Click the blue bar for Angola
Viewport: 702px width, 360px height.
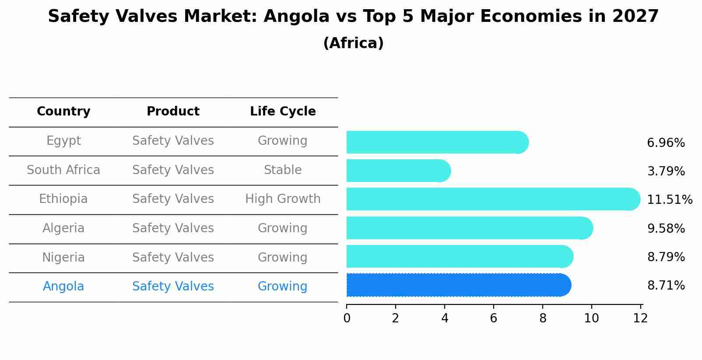pos(457,285)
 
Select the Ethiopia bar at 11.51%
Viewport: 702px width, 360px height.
pos(492,199)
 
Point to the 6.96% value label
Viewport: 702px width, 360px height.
pos(665,143)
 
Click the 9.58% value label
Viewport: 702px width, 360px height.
pos(665,228)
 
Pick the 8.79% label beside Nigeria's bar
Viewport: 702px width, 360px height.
pos(665,257)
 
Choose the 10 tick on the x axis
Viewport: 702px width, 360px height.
pos(591,318)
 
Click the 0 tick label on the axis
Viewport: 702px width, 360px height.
pos(347,318)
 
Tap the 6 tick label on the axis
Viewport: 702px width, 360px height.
pos(493,318)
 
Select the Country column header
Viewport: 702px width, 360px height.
pos(63,112)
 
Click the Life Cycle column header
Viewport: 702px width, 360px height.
pos(283,112)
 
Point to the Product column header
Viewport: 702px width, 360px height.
pos(173,112)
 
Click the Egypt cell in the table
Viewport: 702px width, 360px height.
pos(63,141)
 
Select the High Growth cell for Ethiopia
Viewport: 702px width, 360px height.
pos(283,199)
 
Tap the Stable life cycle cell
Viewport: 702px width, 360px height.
pos(283,170)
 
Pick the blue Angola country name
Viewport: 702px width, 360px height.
pos(63,287)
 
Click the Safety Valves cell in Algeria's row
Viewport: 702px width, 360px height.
pos(173,228)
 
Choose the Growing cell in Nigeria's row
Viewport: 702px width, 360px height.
pos(283,257)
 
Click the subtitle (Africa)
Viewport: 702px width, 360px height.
pos(353,43)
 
